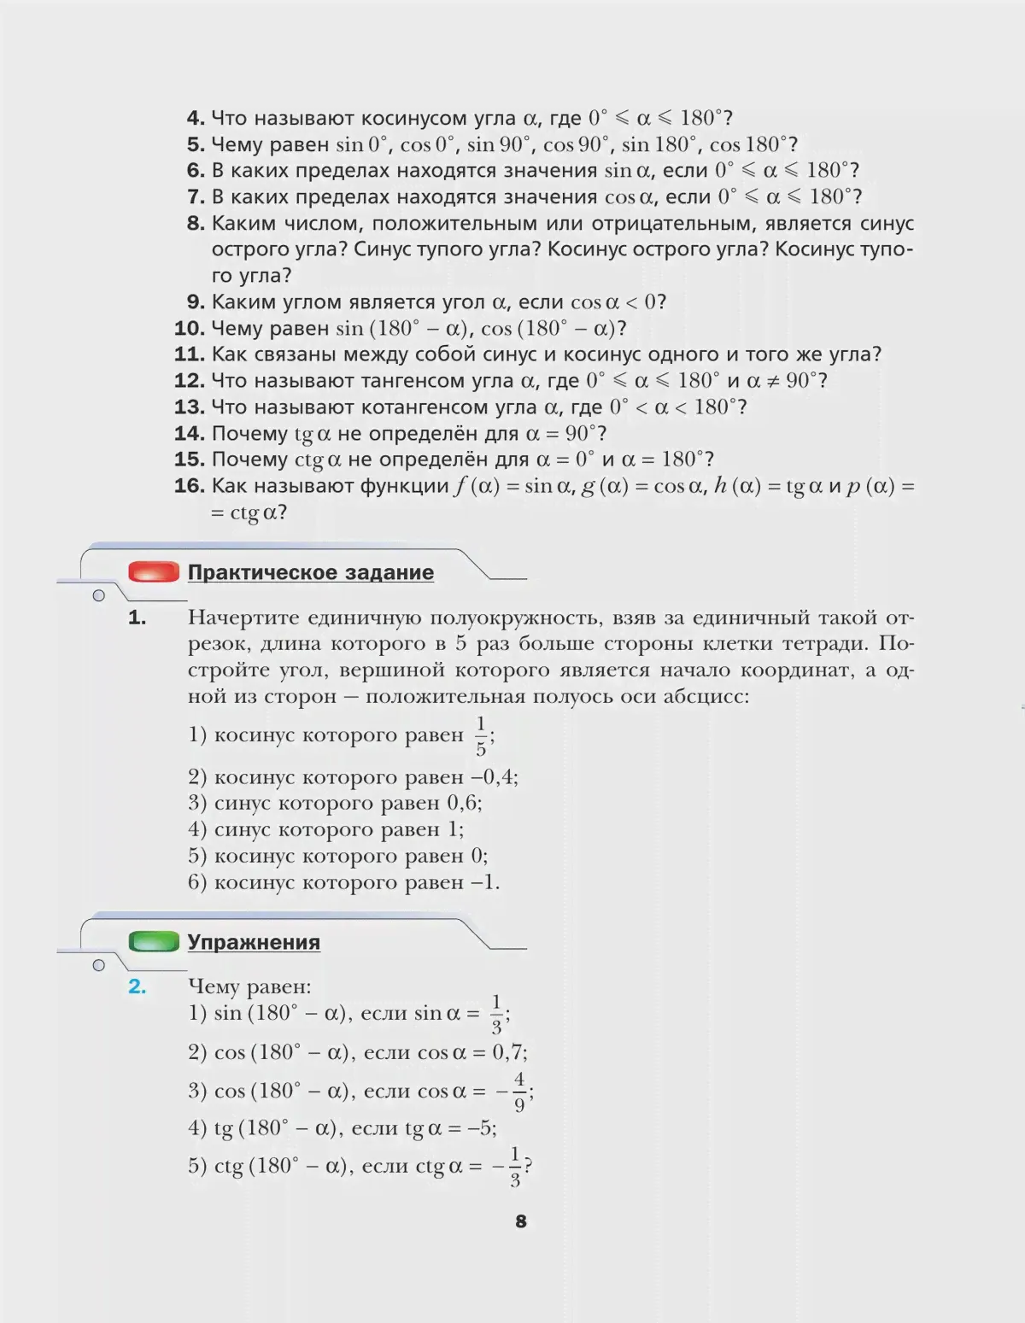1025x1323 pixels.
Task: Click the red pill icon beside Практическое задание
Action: pyautogui.click(x=154, y=572)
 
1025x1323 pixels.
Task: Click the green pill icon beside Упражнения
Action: pyautogui.click(x=154, y=942)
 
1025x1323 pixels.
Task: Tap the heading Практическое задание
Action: pyautogui.click(x=311, y=572)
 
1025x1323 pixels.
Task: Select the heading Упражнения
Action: pyautogui.click(x=254, y=942)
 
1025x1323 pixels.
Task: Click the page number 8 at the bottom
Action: pyautogui.click(x=521, y=1221)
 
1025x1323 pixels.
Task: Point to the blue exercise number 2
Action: pyautogui.click(x=137, y=986)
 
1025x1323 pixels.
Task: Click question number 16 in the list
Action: pyautogui.click(x=189, y=486)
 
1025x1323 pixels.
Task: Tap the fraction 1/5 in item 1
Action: pyautogui.click(x=481, y=736)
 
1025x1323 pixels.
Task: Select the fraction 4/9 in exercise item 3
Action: pyautogui.click(x=519, y=1092)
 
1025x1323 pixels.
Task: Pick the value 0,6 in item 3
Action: pyautogui.click(x=464, y=803)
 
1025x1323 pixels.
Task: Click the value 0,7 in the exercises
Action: pyautogui.click(x=509, y=1052)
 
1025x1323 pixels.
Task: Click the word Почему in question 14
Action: pyautogui.click(x=249, y=433)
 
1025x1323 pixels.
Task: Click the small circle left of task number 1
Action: pyautogui.click(x=98, y=595)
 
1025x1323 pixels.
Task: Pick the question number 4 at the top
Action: pyautogui.click(x=196, y=118)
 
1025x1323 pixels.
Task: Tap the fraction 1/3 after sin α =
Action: pyautogui.click(x=496, y=1014)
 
